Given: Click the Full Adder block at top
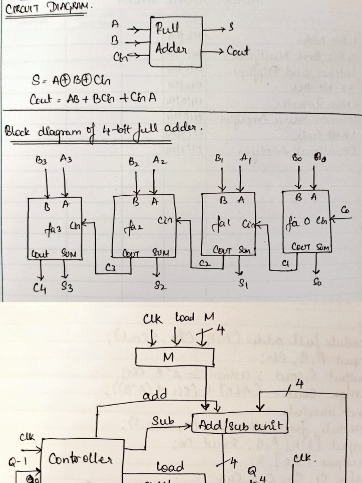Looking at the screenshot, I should tap(176, 42).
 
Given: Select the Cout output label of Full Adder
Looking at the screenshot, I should tap(238, 51).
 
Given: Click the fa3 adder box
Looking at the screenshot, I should tap(55, 228).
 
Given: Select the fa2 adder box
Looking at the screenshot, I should tap(144, 227).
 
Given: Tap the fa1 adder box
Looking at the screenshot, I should tap(229, 223).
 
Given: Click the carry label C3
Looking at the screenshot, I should tap(110, 268).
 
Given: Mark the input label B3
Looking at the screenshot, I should tap(41, 160).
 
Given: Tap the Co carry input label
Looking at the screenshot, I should tap(346, 209).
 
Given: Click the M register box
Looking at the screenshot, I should tap(174, 358).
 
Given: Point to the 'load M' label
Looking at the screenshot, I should tap(191, 318).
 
